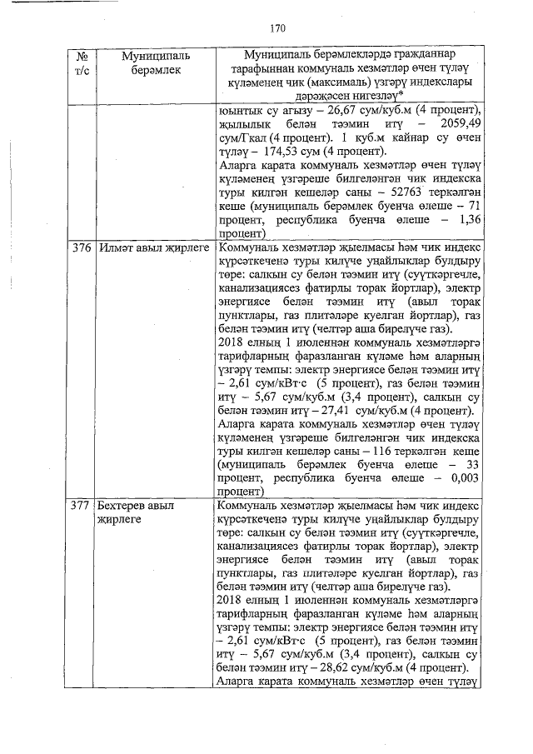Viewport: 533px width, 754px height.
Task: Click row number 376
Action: (x=81, y=248)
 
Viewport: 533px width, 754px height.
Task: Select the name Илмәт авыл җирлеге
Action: (x=152, y=248)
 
